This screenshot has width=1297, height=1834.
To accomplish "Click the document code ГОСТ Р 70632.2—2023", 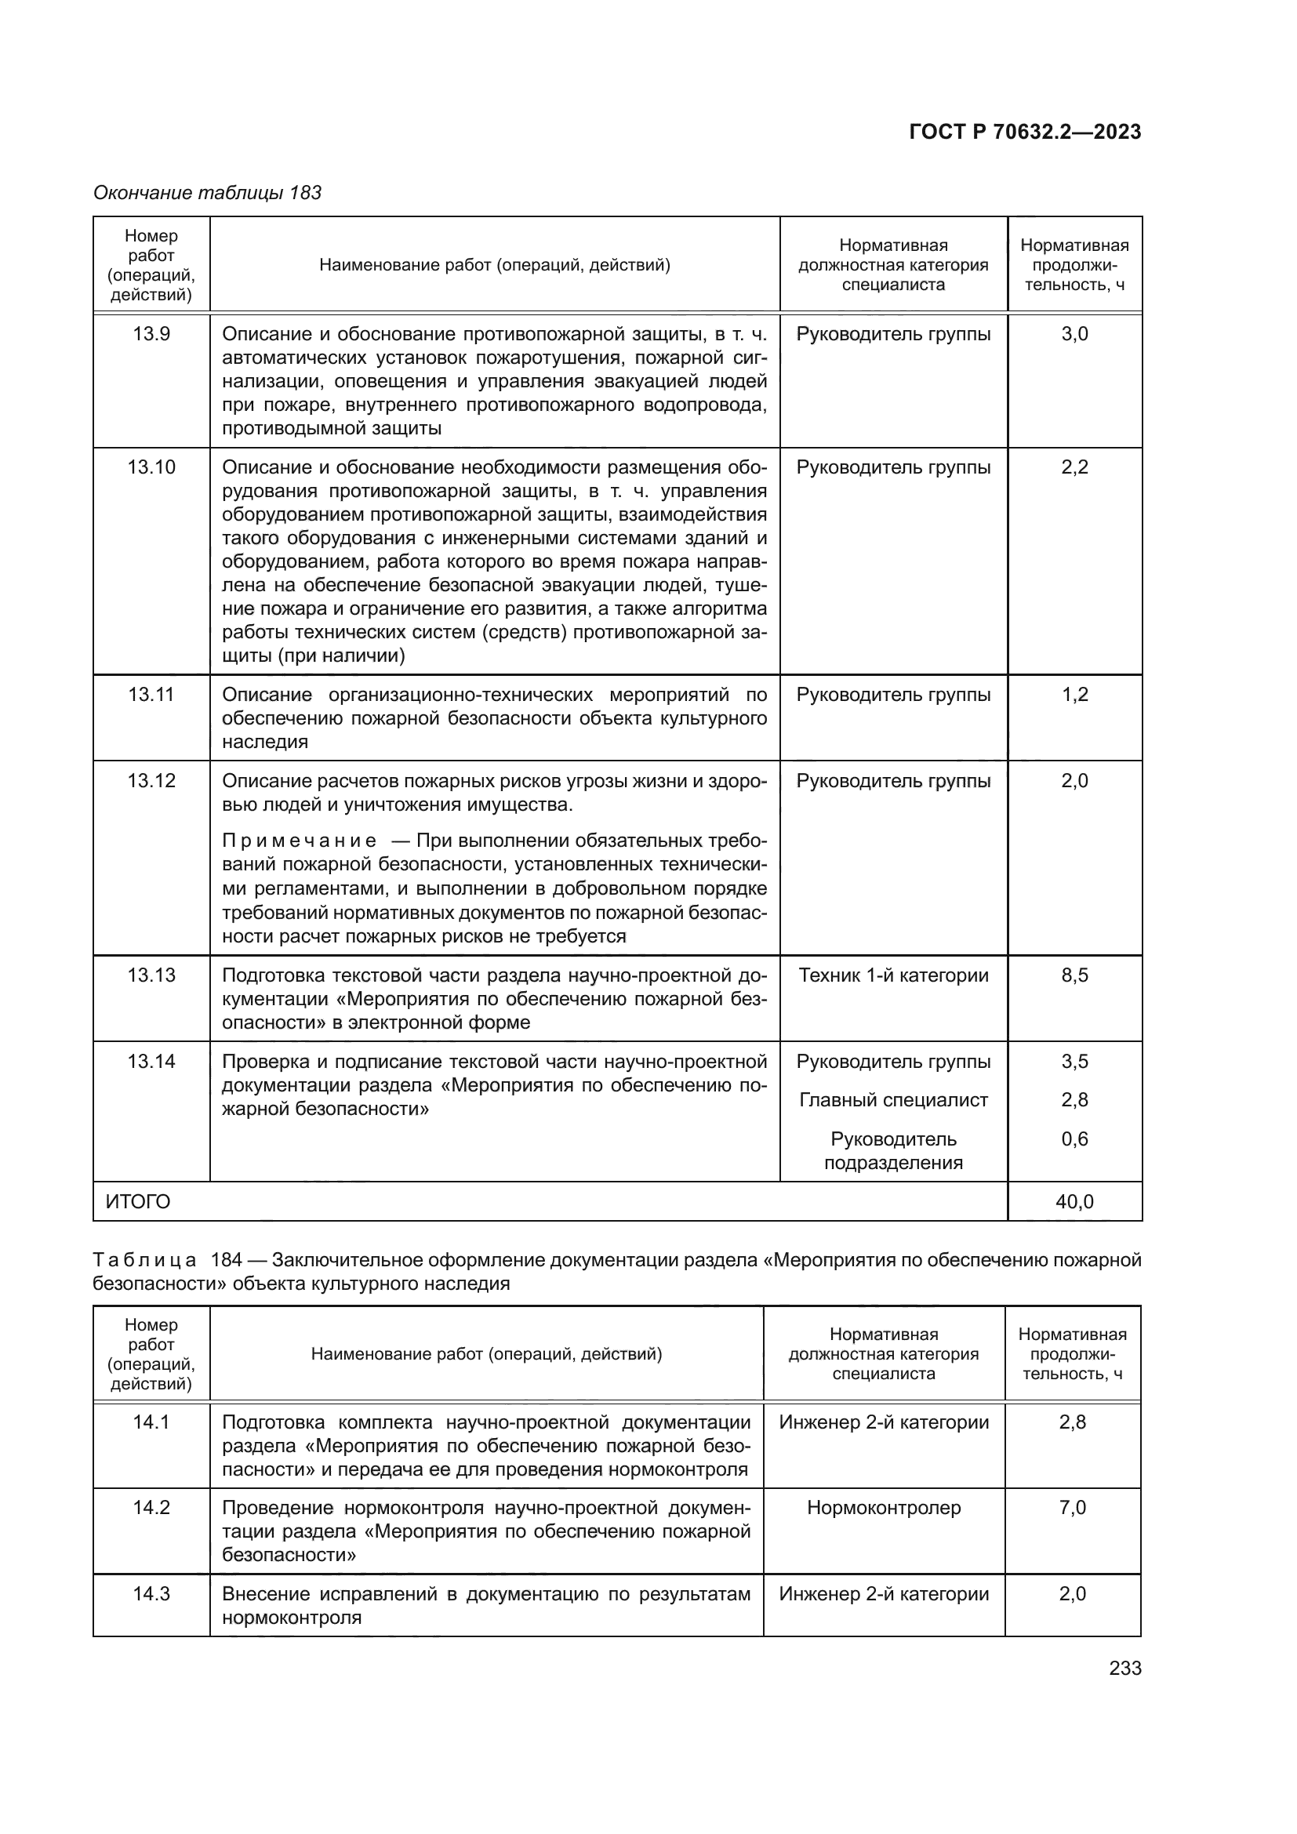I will [1025, 132].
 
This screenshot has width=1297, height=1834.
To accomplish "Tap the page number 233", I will [1124, 1668].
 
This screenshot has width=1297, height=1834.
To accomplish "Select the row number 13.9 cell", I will [151, 334].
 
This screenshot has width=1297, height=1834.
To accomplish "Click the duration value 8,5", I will [1074, 975].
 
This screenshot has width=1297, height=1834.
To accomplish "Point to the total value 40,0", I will [1074, 1201].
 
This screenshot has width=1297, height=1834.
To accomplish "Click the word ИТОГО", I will [138, 1201].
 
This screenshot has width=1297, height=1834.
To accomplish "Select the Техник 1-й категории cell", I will [893, 975].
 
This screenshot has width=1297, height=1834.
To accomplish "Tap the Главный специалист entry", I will [893, 1100].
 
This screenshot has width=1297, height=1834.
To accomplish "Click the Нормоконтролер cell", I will [883, 1507].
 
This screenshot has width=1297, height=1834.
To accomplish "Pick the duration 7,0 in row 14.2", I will [1072, 1507].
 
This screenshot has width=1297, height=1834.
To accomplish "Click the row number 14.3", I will [151, 1593].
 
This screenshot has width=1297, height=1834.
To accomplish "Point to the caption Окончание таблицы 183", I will [208, 193].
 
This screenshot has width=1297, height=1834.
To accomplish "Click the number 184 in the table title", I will [226, 1260].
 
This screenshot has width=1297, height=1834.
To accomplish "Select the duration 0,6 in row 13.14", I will [1074, 1139].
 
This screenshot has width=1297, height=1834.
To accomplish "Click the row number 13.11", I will [151, 694].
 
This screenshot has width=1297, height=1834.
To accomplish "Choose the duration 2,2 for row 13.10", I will [1074, 467].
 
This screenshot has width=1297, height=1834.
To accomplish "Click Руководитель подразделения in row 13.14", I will [893, 1150].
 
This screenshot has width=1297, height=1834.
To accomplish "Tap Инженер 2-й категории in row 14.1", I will [883, 1422].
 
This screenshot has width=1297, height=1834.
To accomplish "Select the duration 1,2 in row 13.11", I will [1074, 694].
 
